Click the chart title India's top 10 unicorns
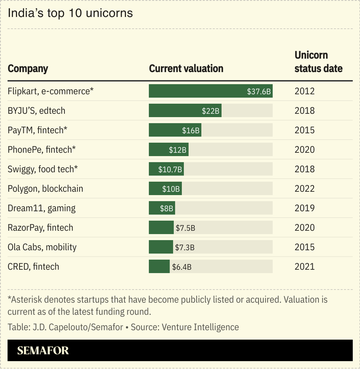click(x=70, y=13)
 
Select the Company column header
click(x=28, y=69)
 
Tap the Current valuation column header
click(x=186, y=69)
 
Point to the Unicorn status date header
click(x=318, y=62)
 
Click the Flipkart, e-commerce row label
click(x=50, y=91)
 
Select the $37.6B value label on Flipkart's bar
click(x=258, y=91)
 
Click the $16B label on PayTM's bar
click(x=191, y=130)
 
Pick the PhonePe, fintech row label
click(x=42, y=150)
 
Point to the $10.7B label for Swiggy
click(x=170, y=170)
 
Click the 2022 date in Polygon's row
click(x=304, y=189)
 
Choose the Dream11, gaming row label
click(x=42, y=208)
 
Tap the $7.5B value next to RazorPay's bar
click(x=185, y=228)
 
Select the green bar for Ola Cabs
click(x=161, y=247)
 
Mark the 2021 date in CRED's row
click(x=304, y=267)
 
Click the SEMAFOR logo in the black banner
click(x=43, y=351)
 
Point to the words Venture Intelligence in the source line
click(x=200, y=327)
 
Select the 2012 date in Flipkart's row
click(x=304, y=91)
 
